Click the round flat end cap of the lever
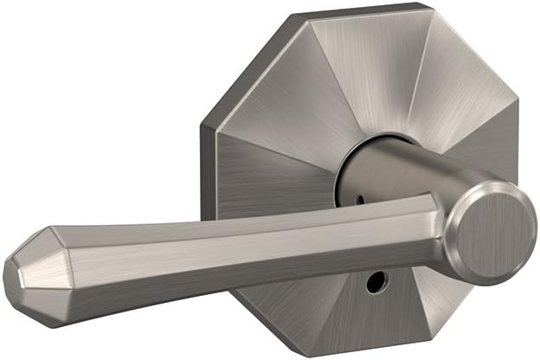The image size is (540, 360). (x=496, y=231)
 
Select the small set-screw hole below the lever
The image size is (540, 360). (x=375, y=283)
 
